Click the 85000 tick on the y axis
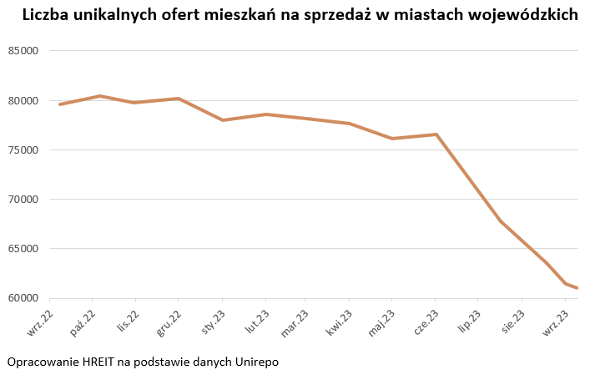[24, 51]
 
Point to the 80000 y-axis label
[24, 100]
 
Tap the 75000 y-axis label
[24, 150]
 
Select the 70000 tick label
[24, 200]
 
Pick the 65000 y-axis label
[24, 249]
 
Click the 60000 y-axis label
[24, 298]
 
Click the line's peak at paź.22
[100, 96]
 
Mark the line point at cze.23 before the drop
[436, 134]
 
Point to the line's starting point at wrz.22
[61, 104]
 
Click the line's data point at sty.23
[223, 120]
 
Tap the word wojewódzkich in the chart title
[525, 16]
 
